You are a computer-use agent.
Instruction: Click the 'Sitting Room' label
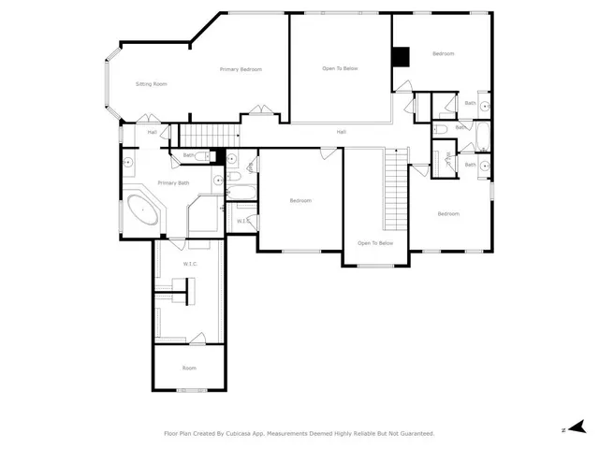(151, 84)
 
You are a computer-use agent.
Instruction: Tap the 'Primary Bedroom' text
(241, 69)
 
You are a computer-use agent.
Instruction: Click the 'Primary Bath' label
(173, 182)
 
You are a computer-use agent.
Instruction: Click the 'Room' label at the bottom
(188, 368)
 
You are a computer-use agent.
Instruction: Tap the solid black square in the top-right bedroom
(401, 57)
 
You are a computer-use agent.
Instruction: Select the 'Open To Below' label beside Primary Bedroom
(340, 68)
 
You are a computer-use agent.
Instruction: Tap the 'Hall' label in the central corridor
(342, 132)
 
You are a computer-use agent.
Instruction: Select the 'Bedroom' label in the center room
(299, 200)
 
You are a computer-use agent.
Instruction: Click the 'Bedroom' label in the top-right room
(443, 54)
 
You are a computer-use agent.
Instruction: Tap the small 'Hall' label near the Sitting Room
(152, 132)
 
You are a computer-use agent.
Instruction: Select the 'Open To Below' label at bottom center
(375, 243)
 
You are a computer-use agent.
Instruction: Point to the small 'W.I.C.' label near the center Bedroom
(241, 221)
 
